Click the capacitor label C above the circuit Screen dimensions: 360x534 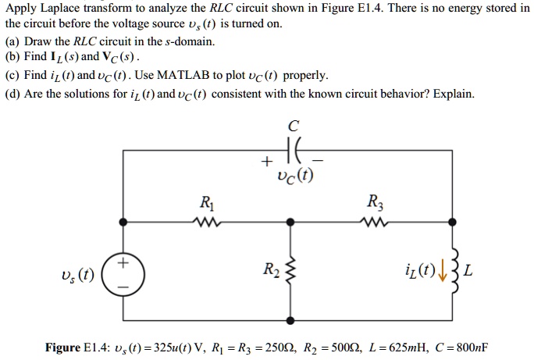pos(293,126)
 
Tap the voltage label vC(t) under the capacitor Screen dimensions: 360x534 pos(294,175)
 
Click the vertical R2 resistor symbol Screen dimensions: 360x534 pos(291,273)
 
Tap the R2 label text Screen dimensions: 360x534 pos(269,273)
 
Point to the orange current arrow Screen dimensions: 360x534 pos(432,273)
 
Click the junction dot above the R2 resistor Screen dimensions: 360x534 pos(291,222)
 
